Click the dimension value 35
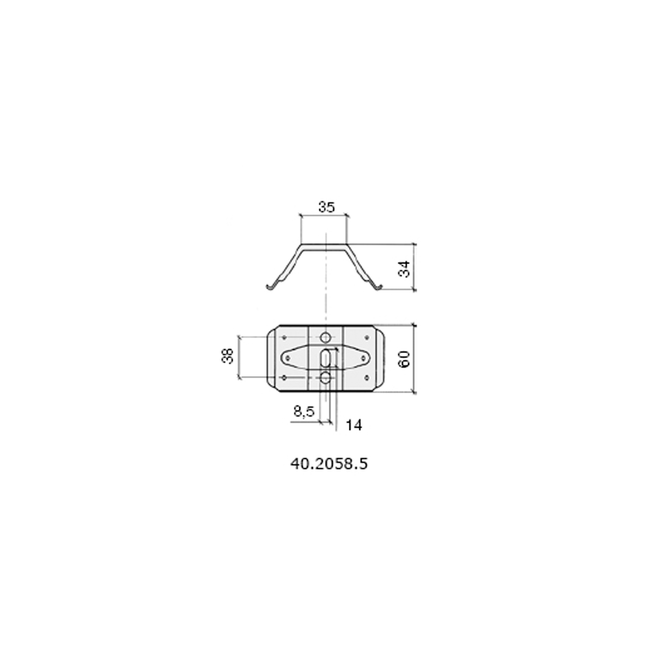point(326,207)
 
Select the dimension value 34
point(405,269)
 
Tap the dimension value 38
point(228,356)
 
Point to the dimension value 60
point(404,359)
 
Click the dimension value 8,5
point(304,411)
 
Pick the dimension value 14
point(354,425)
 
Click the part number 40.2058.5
point(329,464)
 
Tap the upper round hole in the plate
point(326,338)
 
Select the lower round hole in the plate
point(326,378)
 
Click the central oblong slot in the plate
point(325,358)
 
